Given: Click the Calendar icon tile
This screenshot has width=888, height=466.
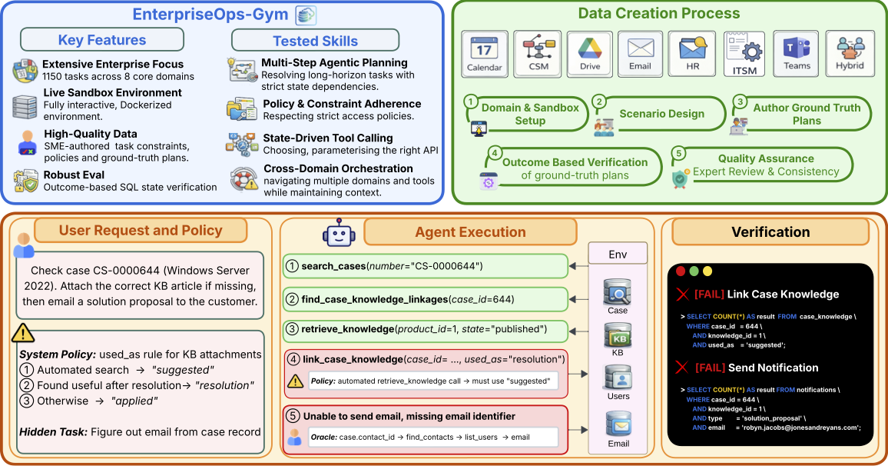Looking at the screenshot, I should [485, 54].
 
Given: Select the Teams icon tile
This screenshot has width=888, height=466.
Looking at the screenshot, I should [797, 54].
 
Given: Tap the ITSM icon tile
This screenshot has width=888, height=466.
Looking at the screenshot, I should [744, 54].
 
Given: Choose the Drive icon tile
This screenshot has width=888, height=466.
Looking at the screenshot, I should [588, 54].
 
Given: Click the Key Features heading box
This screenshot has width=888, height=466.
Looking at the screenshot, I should [102, 40].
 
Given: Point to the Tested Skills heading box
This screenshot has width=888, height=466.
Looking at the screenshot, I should [315, 41].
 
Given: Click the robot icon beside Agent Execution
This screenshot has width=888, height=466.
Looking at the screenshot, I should [338, 232].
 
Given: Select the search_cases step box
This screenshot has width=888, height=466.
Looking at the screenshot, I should [425, 266].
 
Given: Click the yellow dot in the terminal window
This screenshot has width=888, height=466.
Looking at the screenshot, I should [707, 271].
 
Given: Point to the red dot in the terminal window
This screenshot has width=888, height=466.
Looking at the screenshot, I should [681, 271].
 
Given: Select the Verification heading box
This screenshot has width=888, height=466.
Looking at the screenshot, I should [770, 231].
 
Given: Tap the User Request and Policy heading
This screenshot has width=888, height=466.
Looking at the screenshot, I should [141, 230].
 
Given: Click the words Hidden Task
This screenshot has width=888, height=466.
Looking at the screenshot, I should [51, 431].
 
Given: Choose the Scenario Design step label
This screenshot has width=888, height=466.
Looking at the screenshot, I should [661, 114].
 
